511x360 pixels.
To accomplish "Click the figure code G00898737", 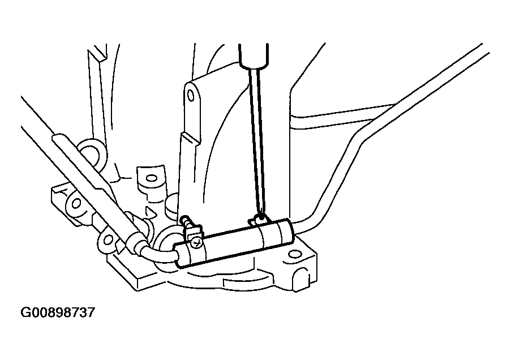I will click(x=58, y=312).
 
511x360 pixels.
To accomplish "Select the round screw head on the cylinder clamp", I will click(x=195, y=244).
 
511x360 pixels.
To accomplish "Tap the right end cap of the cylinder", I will click(x=284, y=232).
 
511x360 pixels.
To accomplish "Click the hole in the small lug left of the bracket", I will click(x=151, y=179).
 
